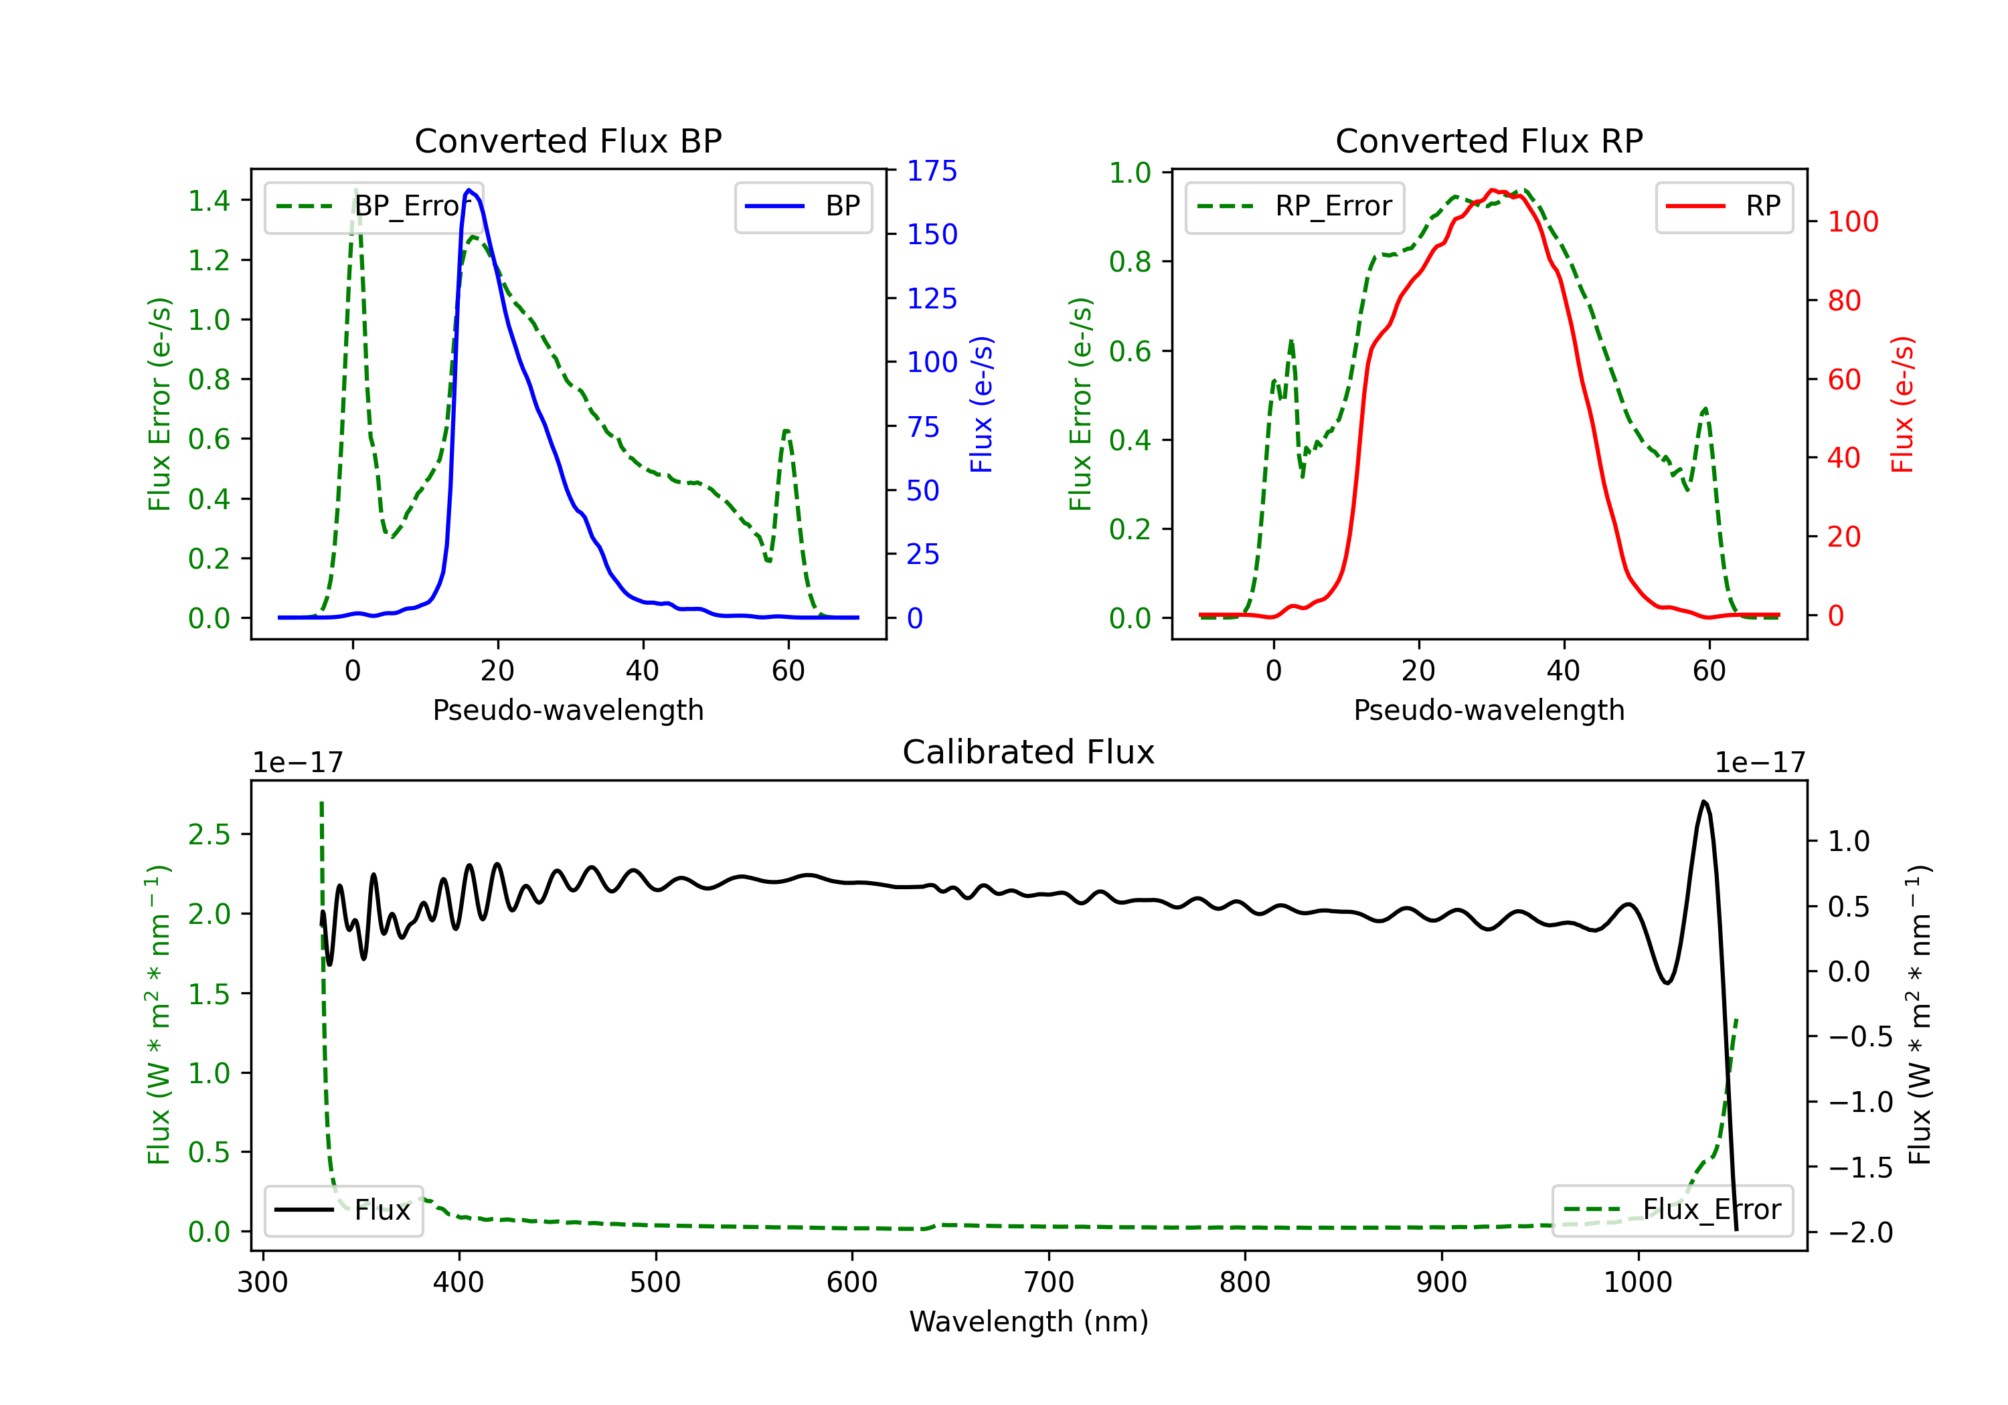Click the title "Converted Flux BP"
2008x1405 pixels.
568,140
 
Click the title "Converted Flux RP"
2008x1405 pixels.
1489,140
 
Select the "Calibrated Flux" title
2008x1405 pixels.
1029,752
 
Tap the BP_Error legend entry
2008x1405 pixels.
373,206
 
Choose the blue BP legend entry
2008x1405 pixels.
803,206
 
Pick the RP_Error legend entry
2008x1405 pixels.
1294,206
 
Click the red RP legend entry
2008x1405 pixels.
1724,206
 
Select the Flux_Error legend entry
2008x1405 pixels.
1672,1210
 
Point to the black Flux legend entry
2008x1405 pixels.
343,1210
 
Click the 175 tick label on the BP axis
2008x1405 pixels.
932,171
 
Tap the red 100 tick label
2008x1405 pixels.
1853,222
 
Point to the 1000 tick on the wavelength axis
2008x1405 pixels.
1638,1283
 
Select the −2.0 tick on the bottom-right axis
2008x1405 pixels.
1860,1233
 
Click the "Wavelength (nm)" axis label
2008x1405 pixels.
1029,1322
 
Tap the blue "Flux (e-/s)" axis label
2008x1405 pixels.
981,405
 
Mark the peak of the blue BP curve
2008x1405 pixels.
469,190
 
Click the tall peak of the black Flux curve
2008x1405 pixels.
1703,801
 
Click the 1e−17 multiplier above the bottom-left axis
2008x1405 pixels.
297,763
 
